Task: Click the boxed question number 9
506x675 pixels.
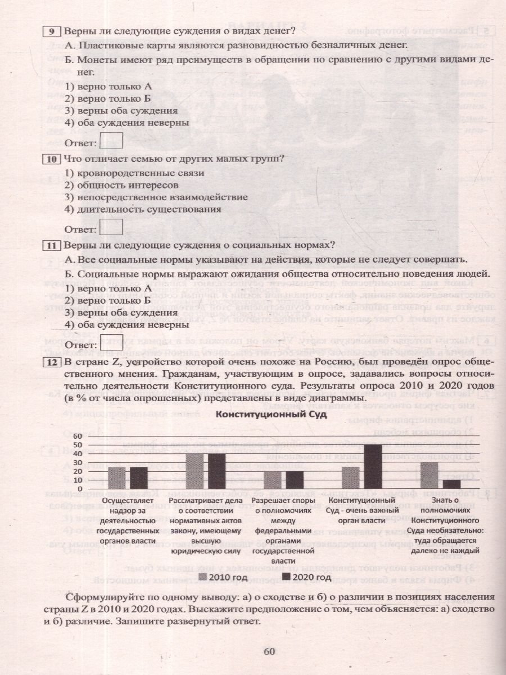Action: tap(52, 30)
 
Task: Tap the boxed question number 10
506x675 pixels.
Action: tap(52, 159)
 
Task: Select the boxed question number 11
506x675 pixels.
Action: tap(52, 245)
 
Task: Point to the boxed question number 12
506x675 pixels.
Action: tap(52, 362)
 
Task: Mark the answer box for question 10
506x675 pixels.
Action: tap(114, 227)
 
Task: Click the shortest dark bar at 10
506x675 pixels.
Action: tap(451, 484)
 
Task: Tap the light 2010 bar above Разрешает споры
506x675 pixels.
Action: tap(273, 480)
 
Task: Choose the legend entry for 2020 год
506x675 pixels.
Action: tap(305, 577)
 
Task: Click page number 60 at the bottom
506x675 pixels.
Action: tap(270, 651)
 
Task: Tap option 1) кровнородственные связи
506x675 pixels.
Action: tap(134, 173)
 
